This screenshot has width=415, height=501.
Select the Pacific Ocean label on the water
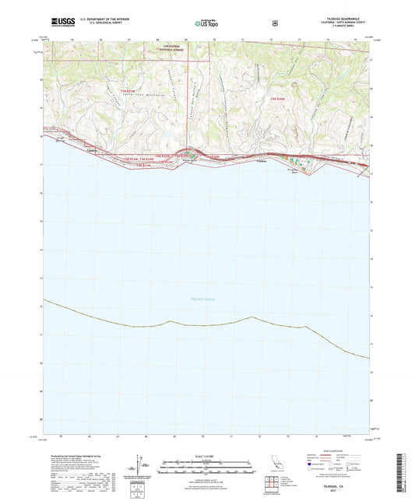(x=202, y=299)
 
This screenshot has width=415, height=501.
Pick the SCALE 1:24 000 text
(x=206, y=455)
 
